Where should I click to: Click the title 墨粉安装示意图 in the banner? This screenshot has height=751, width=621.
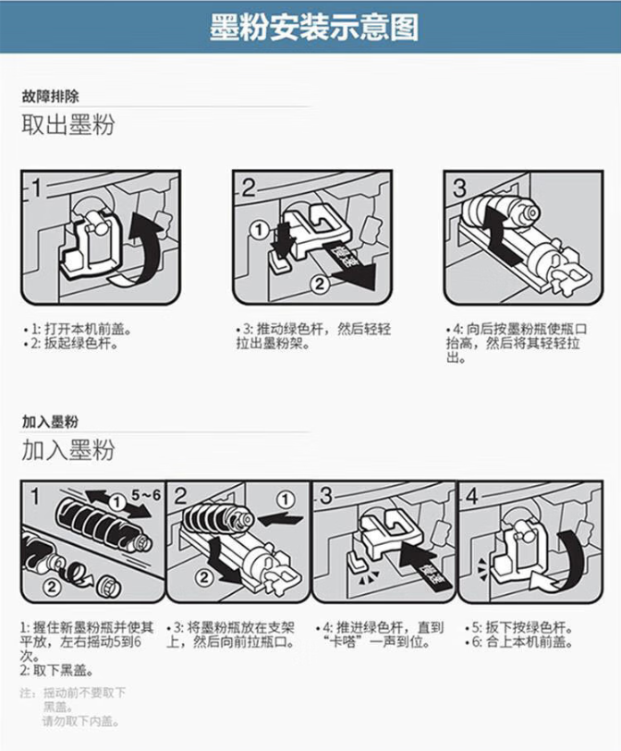314,28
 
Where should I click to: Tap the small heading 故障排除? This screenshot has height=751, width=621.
50,96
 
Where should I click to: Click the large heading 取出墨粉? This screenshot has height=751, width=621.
68,125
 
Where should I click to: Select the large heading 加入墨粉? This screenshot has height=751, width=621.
68,450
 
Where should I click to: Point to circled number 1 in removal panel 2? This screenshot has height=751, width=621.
260,230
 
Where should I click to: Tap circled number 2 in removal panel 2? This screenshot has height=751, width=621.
319,284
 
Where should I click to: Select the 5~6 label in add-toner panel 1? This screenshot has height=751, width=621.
146,494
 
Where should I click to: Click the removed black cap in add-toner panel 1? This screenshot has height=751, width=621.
108,587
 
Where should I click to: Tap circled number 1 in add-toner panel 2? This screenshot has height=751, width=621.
286,500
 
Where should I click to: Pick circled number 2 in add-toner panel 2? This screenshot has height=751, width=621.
203,577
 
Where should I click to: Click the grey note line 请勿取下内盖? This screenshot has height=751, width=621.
80,721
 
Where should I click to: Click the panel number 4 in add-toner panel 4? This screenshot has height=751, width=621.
471,497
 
